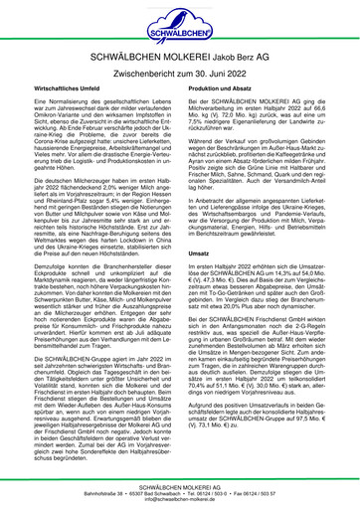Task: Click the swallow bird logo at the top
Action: [180, 20]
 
